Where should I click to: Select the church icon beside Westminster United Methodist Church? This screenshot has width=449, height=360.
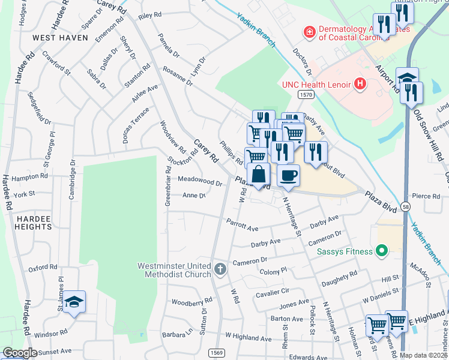[220, 268]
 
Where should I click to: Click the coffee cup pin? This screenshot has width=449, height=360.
[288, 176]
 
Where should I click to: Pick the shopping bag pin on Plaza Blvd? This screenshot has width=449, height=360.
[258, 175]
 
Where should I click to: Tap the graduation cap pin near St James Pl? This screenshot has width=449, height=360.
[74, 302]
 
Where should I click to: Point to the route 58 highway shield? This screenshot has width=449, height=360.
[406, 206]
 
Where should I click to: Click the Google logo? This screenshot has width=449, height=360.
[20, 353]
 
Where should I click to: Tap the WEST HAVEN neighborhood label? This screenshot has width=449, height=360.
[60, 38]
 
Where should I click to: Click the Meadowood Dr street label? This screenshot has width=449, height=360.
[200, 180]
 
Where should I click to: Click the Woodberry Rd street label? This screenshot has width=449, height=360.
[192, 300]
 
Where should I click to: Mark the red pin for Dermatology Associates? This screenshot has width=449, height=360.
[309, 31]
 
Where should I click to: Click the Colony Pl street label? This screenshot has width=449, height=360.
[276, 272]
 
